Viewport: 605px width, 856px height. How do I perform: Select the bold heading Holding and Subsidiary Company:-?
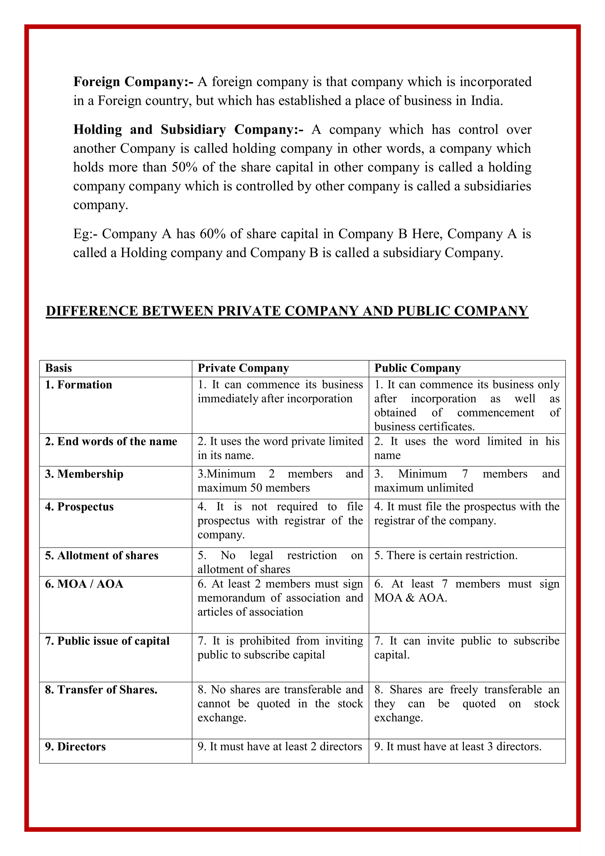(x=188, y=129)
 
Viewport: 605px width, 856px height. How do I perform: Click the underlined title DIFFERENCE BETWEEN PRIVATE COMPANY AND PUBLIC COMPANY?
(x=287, y=311)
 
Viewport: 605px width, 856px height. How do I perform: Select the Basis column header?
(x=58, y=368)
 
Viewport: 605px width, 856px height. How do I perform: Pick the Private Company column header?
(x=243, y=368)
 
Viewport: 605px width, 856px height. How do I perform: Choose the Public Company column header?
(x=417, y=368)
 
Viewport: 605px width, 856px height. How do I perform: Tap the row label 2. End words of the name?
(x=111, y=441)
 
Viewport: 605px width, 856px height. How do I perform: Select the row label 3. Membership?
(x=84, y=474)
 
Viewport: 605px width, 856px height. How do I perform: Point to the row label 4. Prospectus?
(x=79, y=507)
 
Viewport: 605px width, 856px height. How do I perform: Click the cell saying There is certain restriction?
(x=446, y=555)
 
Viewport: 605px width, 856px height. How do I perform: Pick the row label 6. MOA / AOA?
(x=84, y=584)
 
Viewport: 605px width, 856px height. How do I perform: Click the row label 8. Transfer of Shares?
(x=101, y=690)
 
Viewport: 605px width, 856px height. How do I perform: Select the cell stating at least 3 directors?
(x=458, y=746)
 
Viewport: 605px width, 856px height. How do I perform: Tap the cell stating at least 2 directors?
(x=279, y=746)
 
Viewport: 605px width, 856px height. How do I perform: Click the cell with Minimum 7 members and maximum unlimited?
(x=466, y=481)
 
